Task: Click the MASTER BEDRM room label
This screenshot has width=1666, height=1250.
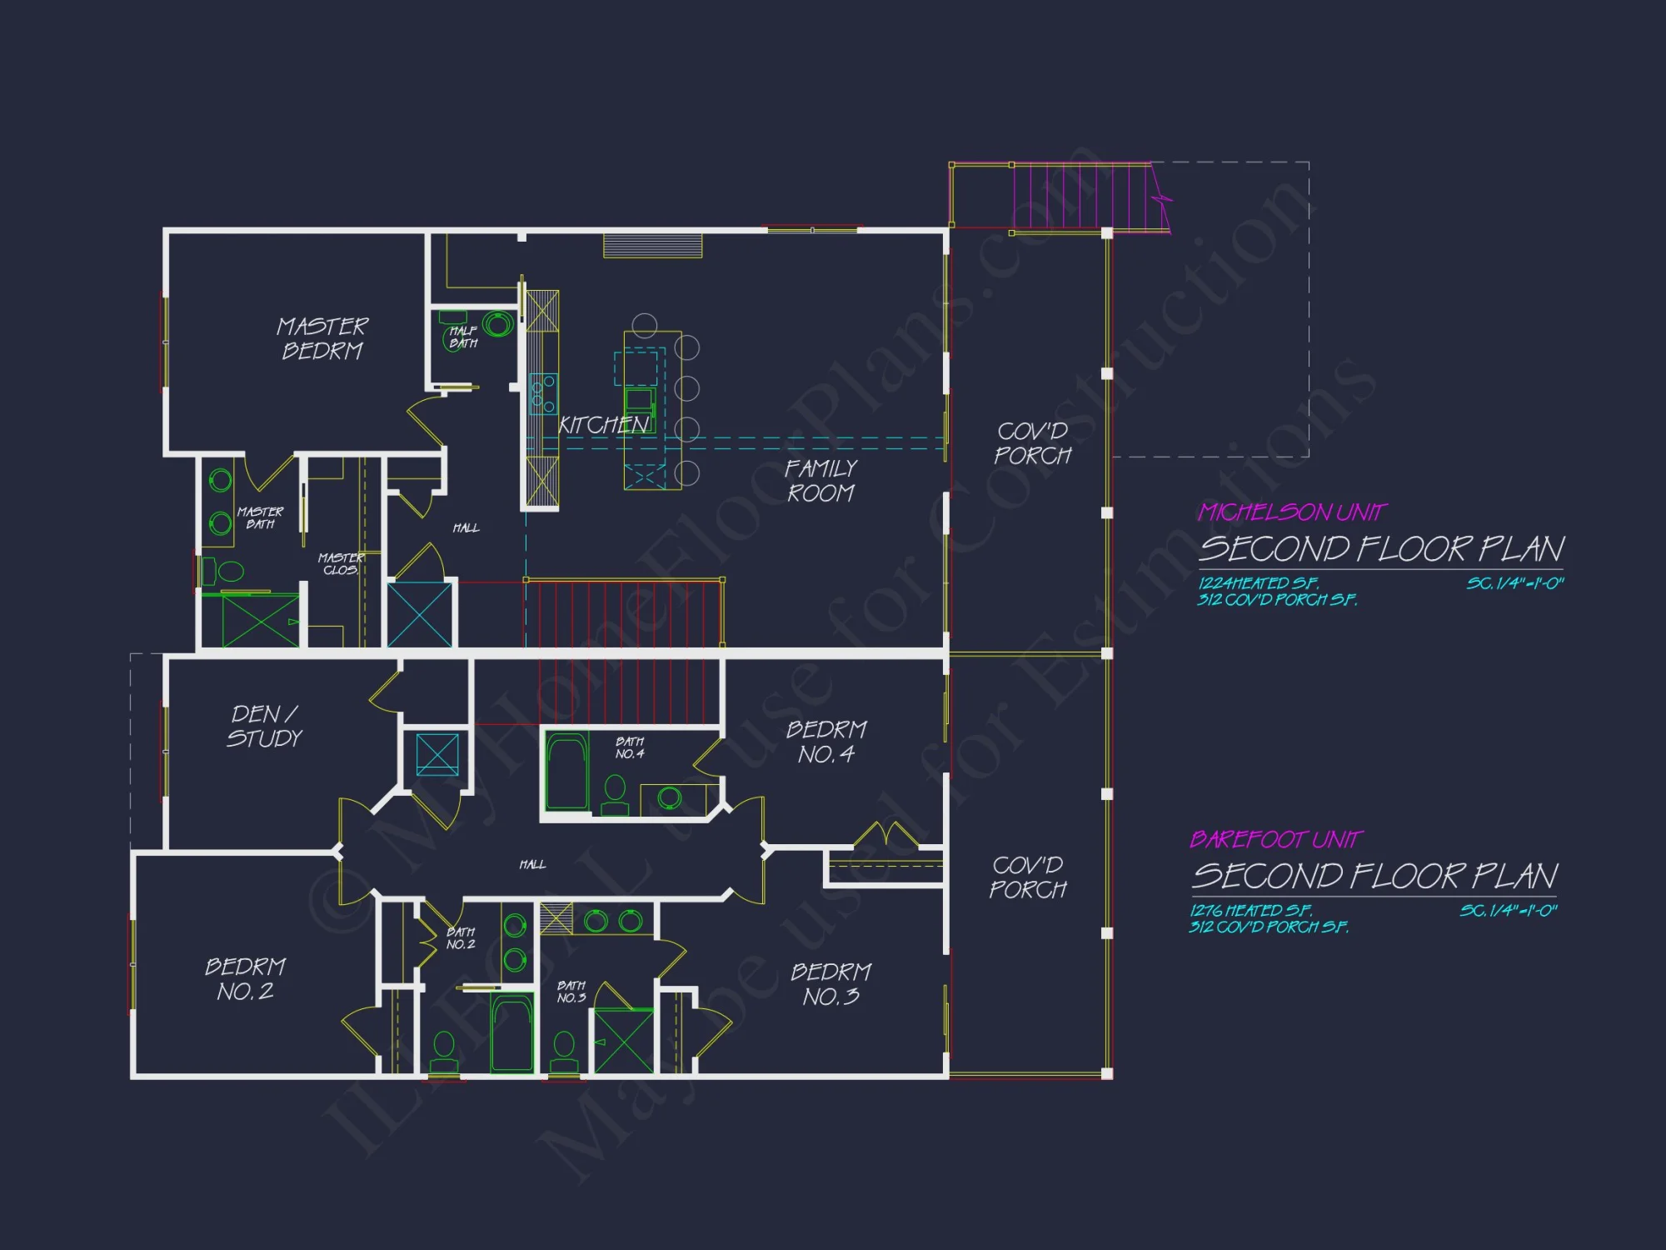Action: tap(322, 338)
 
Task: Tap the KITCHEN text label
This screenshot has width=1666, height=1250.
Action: tap(603, 426)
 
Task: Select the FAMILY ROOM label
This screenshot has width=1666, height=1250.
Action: tap(821, 481)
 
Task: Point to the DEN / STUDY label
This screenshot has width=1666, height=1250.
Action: tap(265, 726)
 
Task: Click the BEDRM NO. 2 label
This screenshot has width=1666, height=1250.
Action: tap(246, 979)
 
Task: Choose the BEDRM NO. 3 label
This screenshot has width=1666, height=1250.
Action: tap(831, 984)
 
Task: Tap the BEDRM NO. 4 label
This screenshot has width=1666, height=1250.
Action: tap(826, 742)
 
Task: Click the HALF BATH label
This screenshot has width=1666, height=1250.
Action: tap(463, 337)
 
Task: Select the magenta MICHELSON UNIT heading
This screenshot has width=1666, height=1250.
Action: tap(1292, 512)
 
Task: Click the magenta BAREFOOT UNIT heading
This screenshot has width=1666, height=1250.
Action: tap(1276, 839)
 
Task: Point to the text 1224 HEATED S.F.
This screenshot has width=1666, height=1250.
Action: tap(1258, 583)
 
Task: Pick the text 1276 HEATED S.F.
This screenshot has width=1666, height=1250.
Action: tap(1250, 911)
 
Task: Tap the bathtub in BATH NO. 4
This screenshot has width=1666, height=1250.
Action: tap(567, 772)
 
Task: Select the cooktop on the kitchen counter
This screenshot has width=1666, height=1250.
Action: tap(544, 393)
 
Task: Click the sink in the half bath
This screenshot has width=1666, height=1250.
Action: tap(498, 324)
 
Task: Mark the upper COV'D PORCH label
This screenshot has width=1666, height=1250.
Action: tap(1033, 443)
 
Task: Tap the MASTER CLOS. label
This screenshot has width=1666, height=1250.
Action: tap(341, 563)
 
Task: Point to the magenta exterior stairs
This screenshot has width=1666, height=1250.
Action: tap(1083, 197)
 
